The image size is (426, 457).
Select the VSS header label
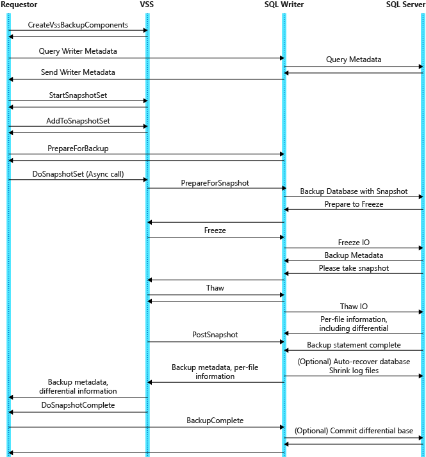tap(147, 4)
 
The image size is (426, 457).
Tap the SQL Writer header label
tap(284, 4)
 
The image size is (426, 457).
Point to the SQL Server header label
tap(406, 4)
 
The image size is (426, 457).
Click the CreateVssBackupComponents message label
tap(78, 25)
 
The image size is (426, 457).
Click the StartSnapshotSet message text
tap(78, 95)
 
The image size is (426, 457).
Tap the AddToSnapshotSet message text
tap(78, 120)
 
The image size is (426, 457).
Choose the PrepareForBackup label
tap(78, 148)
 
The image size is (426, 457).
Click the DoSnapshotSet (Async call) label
tap(78, 173)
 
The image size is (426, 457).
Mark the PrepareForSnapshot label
tap(215, 182)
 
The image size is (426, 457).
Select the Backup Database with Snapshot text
tap(353, 191)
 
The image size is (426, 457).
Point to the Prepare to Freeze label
tap(353, 204)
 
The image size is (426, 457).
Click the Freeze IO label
tap(353, 243)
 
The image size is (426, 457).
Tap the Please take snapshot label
tap(353, 268)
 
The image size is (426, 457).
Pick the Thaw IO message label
tap(353, 307)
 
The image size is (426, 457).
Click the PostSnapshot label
tap(215, 334)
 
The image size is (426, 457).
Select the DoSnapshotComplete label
tap(78, 405)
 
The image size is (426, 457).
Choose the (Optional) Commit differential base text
tap(353, 430)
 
